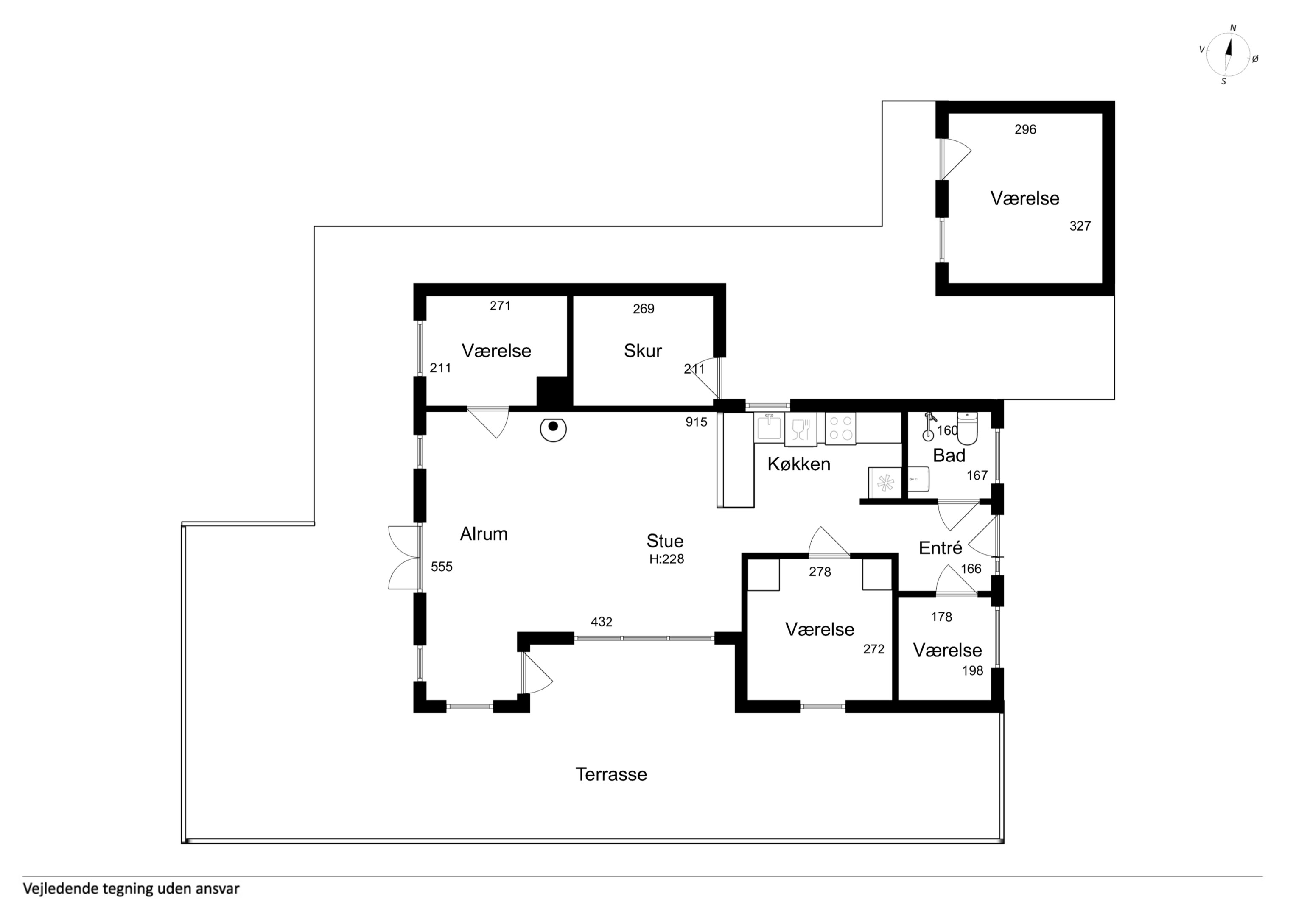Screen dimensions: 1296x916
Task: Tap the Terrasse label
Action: click(x=611, y=774)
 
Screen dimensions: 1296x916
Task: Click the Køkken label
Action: click(x=799, y=464)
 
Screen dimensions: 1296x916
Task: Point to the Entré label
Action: click(x=941, y=547)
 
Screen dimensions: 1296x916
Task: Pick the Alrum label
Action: click(x=484, y=534)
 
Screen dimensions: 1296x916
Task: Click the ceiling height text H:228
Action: click(x=666, y=559)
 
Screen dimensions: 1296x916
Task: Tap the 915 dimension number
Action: click(x=696, y=422)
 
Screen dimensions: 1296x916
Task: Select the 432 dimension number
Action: click(x=601, y=622)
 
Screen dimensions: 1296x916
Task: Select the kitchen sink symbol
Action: click(x=769, y=427)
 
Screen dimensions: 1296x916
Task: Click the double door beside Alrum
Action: click(x=405, y=558)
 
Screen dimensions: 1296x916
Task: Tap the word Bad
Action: click(x=949, y=455)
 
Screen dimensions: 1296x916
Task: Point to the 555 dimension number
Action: click(x=442, y=567)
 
